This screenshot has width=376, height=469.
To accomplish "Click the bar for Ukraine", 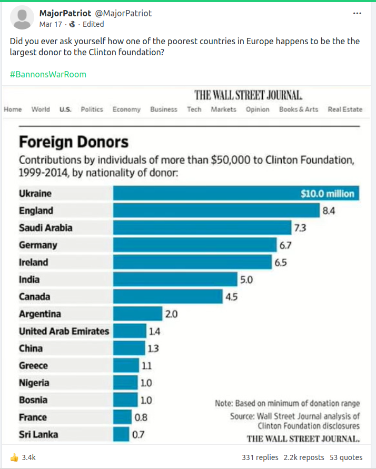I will point(205,193).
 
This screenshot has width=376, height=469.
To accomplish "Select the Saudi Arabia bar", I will point(202,228).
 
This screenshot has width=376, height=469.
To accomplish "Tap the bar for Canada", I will point(168,296).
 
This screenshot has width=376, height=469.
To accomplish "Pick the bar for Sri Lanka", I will point(121,435).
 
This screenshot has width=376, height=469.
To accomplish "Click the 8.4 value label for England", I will point(329,211).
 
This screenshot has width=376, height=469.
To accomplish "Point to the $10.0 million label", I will point(327,194).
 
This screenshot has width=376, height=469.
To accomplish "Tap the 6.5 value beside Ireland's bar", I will point(280,262).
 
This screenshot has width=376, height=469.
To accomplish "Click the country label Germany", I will point(38,245).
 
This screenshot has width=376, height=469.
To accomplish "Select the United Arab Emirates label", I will point(64,331).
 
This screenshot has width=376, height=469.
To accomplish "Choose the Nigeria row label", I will point(34,383).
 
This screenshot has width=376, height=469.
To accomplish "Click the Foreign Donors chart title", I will point(74,142).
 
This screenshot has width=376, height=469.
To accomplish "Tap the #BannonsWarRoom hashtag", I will point(48,74).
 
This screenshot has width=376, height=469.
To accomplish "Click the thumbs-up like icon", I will point(14,457).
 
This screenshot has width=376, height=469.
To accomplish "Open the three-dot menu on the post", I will point(358,14).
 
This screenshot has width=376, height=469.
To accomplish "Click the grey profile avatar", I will point(22,18).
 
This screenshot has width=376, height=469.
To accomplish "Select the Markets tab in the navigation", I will point(223,109).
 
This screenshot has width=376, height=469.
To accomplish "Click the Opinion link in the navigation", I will point(258,109).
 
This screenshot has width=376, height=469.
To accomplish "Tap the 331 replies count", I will point(260,457).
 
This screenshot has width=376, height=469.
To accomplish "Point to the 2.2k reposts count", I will point(304,457).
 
